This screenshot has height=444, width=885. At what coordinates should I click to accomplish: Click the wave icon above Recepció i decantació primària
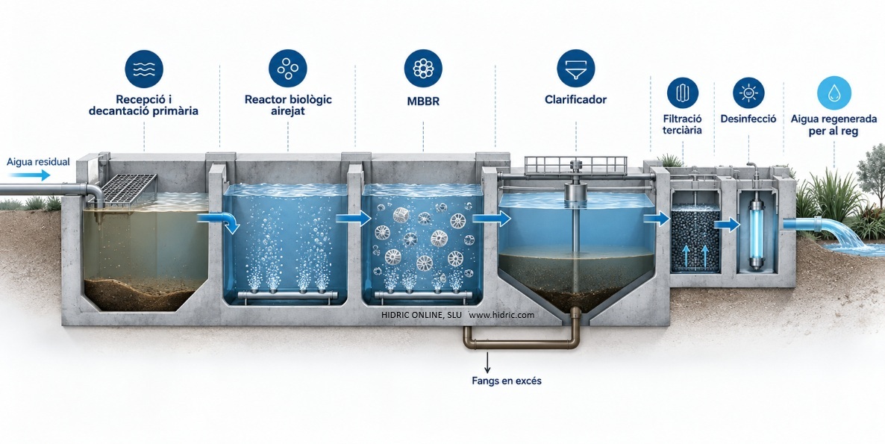(144, 69)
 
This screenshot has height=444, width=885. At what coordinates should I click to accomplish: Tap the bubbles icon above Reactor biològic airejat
(288, 68)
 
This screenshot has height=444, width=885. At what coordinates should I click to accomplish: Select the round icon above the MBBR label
(423, 68)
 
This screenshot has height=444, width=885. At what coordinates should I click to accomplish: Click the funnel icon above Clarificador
(576, 68)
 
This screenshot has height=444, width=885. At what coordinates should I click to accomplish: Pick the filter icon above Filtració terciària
(682, 93)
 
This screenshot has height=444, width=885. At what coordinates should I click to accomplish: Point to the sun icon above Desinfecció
(748, 93)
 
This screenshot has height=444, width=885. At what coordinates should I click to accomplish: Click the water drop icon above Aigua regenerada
(834, 93)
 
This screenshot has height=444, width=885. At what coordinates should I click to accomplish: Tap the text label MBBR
(423, 102)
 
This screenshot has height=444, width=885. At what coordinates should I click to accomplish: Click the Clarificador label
(576, 100)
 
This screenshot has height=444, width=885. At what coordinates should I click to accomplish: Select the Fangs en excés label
(506, 381)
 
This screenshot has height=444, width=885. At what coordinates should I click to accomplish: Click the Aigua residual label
(38, 162)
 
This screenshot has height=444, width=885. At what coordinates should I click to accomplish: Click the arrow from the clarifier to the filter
(657, 219)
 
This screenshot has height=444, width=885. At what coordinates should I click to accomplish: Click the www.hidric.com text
(501, 315)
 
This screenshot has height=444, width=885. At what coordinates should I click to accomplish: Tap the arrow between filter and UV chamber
(727, 225)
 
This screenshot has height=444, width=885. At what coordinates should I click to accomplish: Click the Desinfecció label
(748, 119)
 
